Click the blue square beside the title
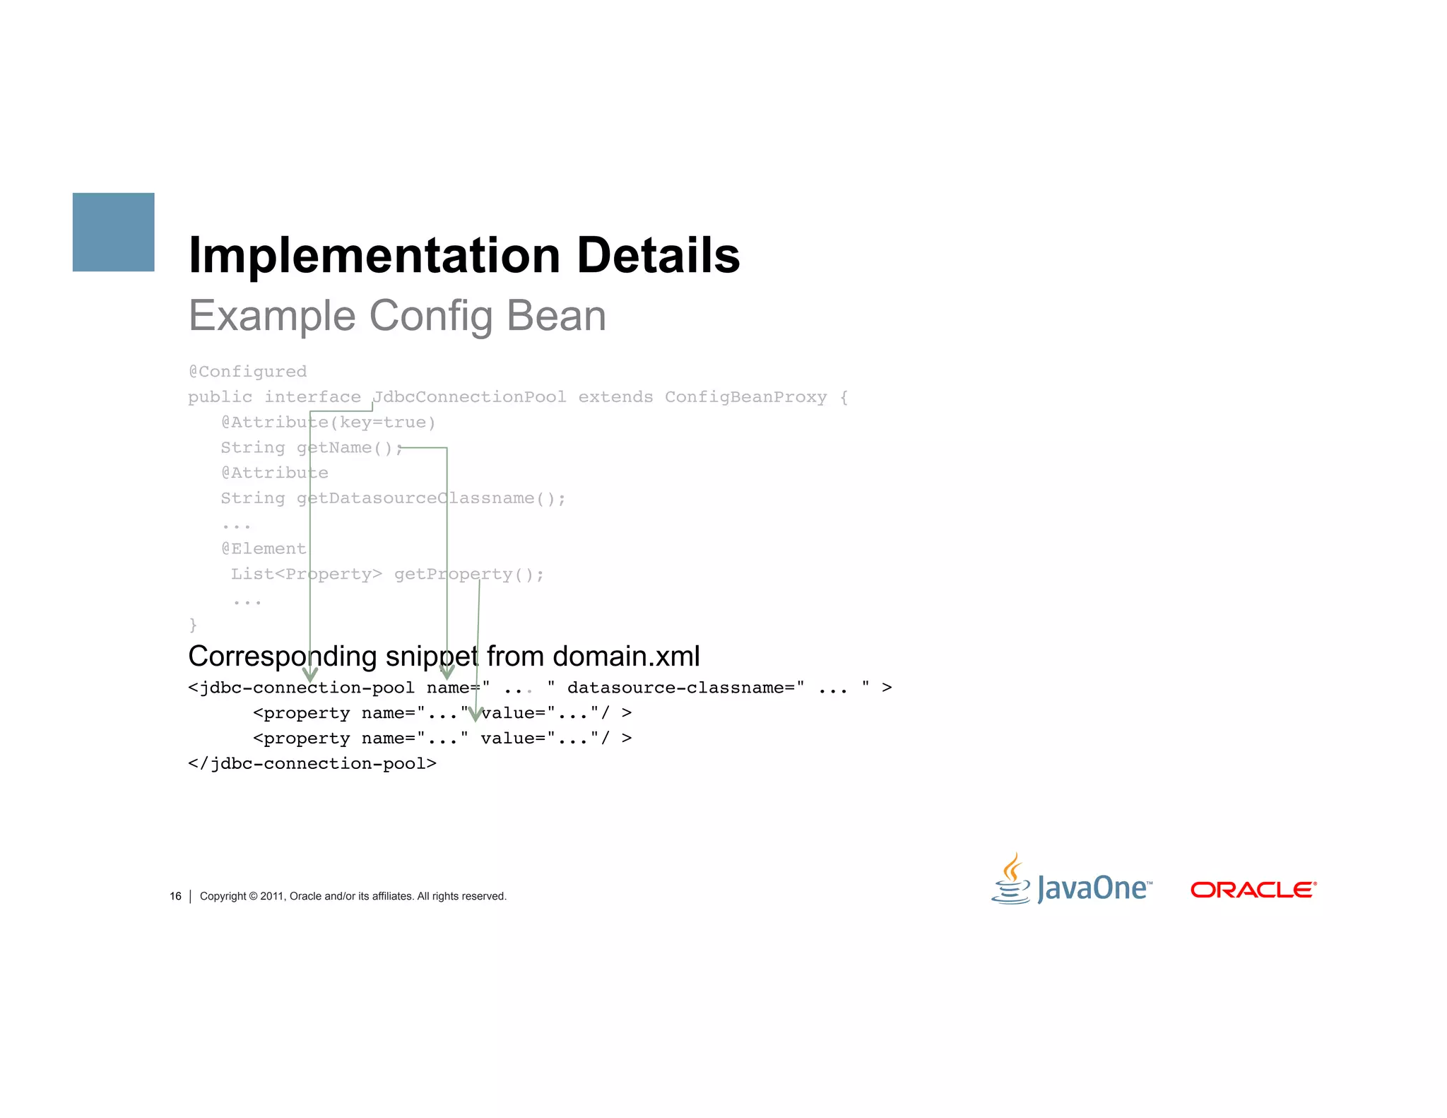(x=113, y=232)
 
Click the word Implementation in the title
(x=374, y=255)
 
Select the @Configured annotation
(x=247, y=372)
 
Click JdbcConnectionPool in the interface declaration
(x=469, y=397)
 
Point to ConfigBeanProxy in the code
(x=745, y=397)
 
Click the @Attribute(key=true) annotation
(x=328, y=423)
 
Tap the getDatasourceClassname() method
(x=431, y=499)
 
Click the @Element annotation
(x=264, y=549)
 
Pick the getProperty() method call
(x=468, y=575)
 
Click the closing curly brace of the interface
(x=193, y=625)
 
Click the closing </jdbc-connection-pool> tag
(x=312, y=764)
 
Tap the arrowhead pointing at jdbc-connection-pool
(x=309, y=675)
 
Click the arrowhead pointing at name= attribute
(x=447, y=672)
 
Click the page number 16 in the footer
(x=175, y=896)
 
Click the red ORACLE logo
(x=1253, y=890)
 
